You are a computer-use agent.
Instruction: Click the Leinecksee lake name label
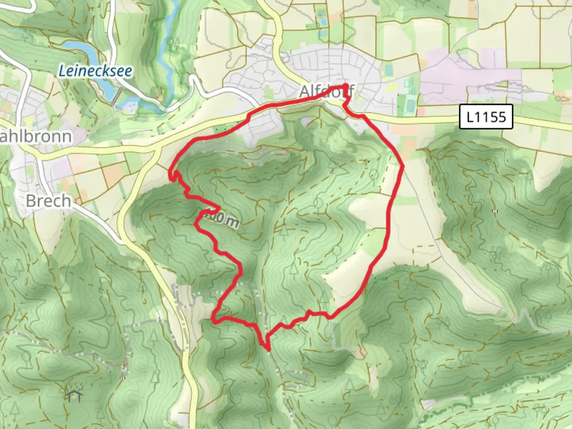95,71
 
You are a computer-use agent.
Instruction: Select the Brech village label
48,201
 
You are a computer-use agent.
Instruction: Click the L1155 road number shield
486,117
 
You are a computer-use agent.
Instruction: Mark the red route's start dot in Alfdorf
345,86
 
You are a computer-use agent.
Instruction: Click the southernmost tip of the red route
269,350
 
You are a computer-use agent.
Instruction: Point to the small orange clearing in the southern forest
360,353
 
